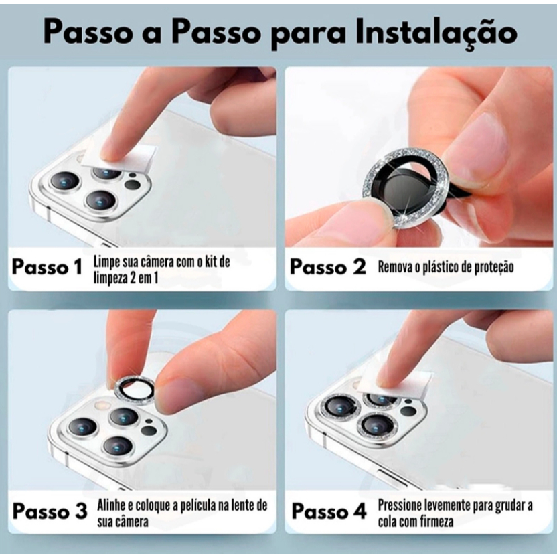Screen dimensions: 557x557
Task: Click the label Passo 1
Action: tap(47, 266)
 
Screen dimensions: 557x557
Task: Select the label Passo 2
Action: tap(327, 266)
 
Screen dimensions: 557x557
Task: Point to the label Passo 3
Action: tap(50, 511)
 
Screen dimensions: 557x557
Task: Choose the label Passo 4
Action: tap(329, 511)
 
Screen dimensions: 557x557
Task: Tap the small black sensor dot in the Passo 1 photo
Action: tap(133, 175)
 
